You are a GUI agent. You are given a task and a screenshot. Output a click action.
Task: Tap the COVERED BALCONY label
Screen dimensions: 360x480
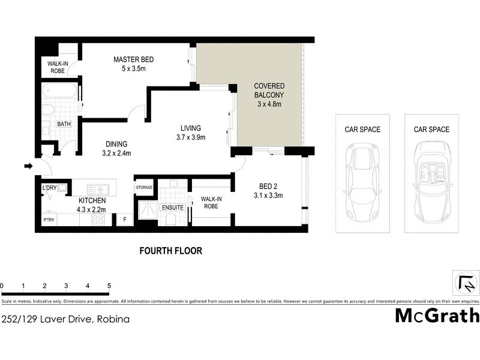tap(269, 95)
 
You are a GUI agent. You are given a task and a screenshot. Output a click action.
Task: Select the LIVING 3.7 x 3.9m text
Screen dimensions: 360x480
tap(191, 133)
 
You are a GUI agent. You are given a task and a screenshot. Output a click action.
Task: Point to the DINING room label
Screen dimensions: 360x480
tap(116, 148)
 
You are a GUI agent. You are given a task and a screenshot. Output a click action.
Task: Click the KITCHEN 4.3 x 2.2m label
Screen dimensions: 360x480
tap(92, 205)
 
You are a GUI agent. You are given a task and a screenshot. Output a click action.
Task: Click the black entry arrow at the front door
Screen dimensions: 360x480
tap(28, 166)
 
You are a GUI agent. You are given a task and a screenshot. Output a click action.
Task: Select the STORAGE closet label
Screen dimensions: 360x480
tap(145, 188)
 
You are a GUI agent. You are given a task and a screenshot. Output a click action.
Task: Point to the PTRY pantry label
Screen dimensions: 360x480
tap(49, 220)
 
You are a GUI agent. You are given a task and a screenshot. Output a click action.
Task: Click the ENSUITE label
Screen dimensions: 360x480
tap(172, 208)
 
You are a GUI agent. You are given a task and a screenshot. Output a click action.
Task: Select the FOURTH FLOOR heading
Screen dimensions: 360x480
tap(170, 251)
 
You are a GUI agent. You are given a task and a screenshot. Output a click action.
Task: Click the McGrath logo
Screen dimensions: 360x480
tap(437, 315)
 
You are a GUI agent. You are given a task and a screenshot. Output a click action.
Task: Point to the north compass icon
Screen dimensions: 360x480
tap(465, 281)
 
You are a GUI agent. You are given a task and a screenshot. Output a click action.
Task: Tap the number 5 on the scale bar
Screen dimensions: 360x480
tap(109, 286)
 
